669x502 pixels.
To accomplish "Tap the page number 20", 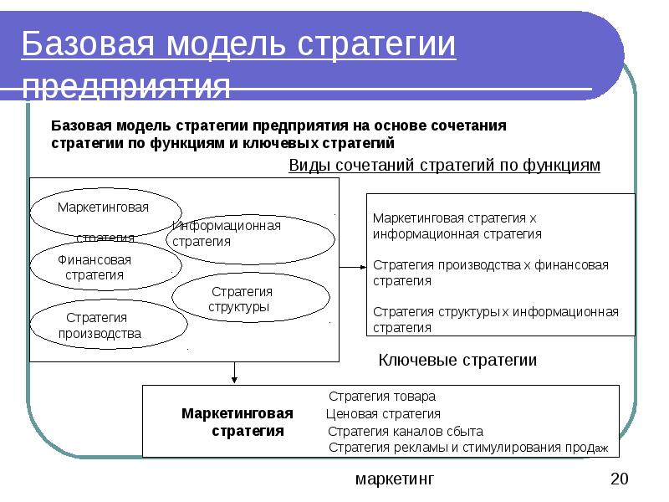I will point(619,479).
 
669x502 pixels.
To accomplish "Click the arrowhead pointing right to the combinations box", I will point(362,268).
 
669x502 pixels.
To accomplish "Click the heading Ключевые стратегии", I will point(457,361).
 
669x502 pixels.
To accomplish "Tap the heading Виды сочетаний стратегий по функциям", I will point(444,166).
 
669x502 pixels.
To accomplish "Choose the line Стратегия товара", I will point(382,397).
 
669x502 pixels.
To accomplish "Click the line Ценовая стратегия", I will point(382,413).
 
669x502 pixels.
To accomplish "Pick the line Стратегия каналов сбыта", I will point(405,432).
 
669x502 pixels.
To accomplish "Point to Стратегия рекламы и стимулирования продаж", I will point(467,448).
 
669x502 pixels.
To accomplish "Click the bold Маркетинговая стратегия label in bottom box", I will point(239,423).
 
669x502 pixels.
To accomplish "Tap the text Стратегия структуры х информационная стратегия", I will point(496,320).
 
